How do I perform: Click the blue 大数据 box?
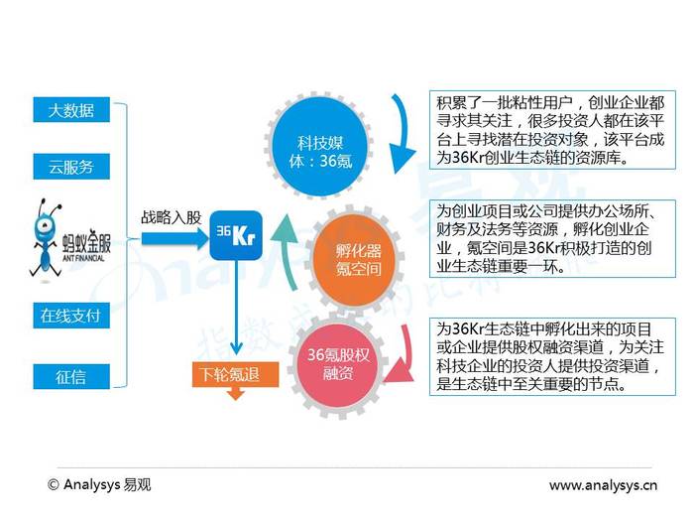[71, 109]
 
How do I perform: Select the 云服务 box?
[71, 167]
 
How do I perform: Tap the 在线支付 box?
[71, 316]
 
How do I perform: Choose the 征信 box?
[71, 377]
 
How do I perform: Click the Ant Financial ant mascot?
[46, 239]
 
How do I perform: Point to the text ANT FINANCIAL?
[83, 258]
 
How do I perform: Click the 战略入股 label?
[171, 217]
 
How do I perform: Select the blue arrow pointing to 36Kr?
[174, 239]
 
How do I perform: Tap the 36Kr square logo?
[236, 235]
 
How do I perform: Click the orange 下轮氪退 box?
[235, 374]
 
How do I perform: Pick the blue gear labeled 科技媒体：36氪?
[320, 147]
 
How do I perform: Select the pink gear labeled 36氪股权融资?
[338, 365]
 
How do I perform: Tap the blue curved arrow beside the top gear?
[402, 133]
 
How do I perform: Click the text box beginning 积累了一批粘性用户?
[552, 130]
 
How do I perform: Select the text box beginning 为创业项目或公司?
[552, 239]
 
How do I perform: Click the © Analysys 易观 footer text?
[99, 484]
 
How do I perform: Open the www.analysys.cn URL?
[603, 485]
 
